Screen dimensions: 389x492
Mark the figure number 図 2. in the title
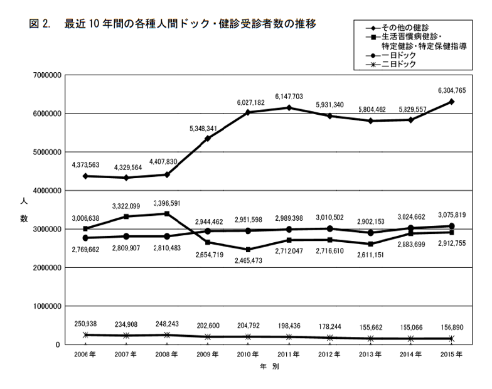coord(39,24)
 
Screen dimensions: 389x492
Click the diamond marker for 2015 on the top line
coord(452,102)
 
